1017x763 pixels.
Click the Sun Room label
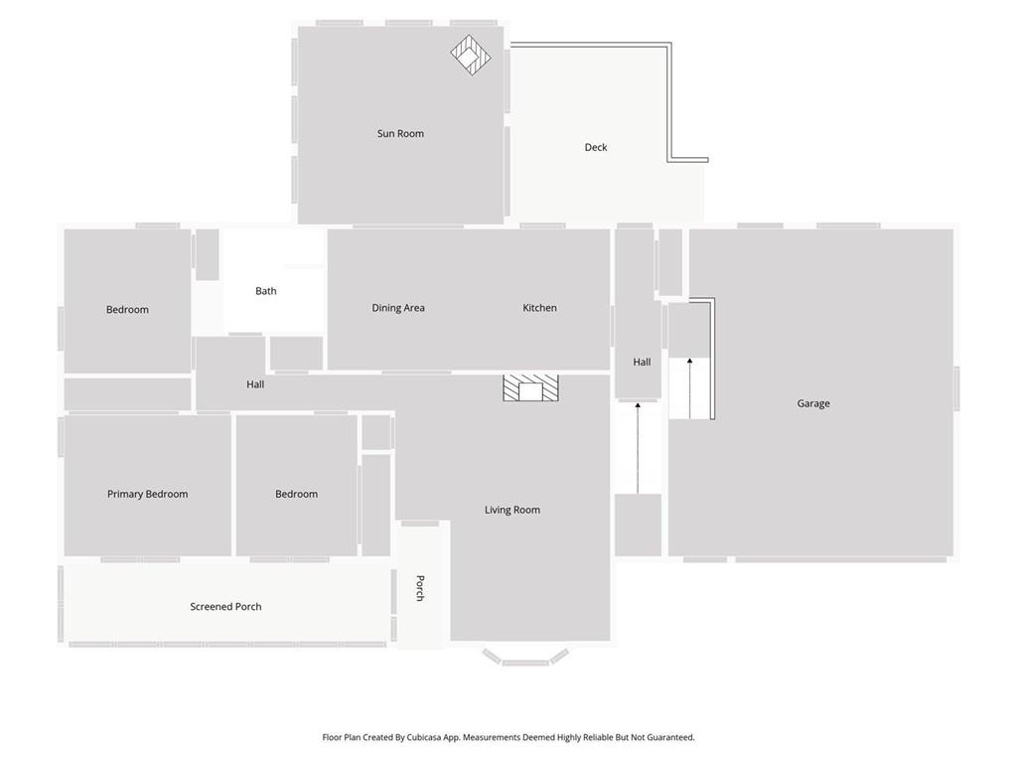(400, 134)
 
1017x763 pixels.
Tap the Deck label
(596, 147)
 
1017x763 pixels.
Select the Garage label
(813, 403)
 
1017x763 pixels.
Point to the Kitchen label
(539, 308)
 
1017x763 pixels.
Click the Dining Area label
(398, 308)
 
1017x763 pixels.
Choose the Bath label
(266, 291)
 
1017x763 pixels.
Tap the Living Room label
(512, 510)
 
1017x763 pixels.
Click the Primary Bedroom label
(148, 494)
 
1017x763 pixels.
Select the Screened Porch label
(225, 607)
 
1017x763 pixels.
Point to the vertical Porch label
(420, 588)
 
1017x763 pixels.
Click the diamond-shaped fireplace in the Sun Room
(471, 56)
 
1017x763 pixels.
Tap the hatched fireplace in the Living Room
(530, 387)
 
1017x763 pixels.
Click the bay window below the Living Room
(525, 658)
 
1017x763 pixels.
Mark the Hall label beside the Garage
(643, 362)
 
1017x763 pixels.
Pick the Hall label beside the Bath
(255, 384)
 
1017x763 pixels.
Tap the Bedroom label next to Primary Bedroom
(296, 494)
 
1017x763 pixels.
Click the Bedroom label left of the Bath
(128, 310)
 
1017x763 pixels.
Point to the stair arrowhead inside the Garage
(690, 361)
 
